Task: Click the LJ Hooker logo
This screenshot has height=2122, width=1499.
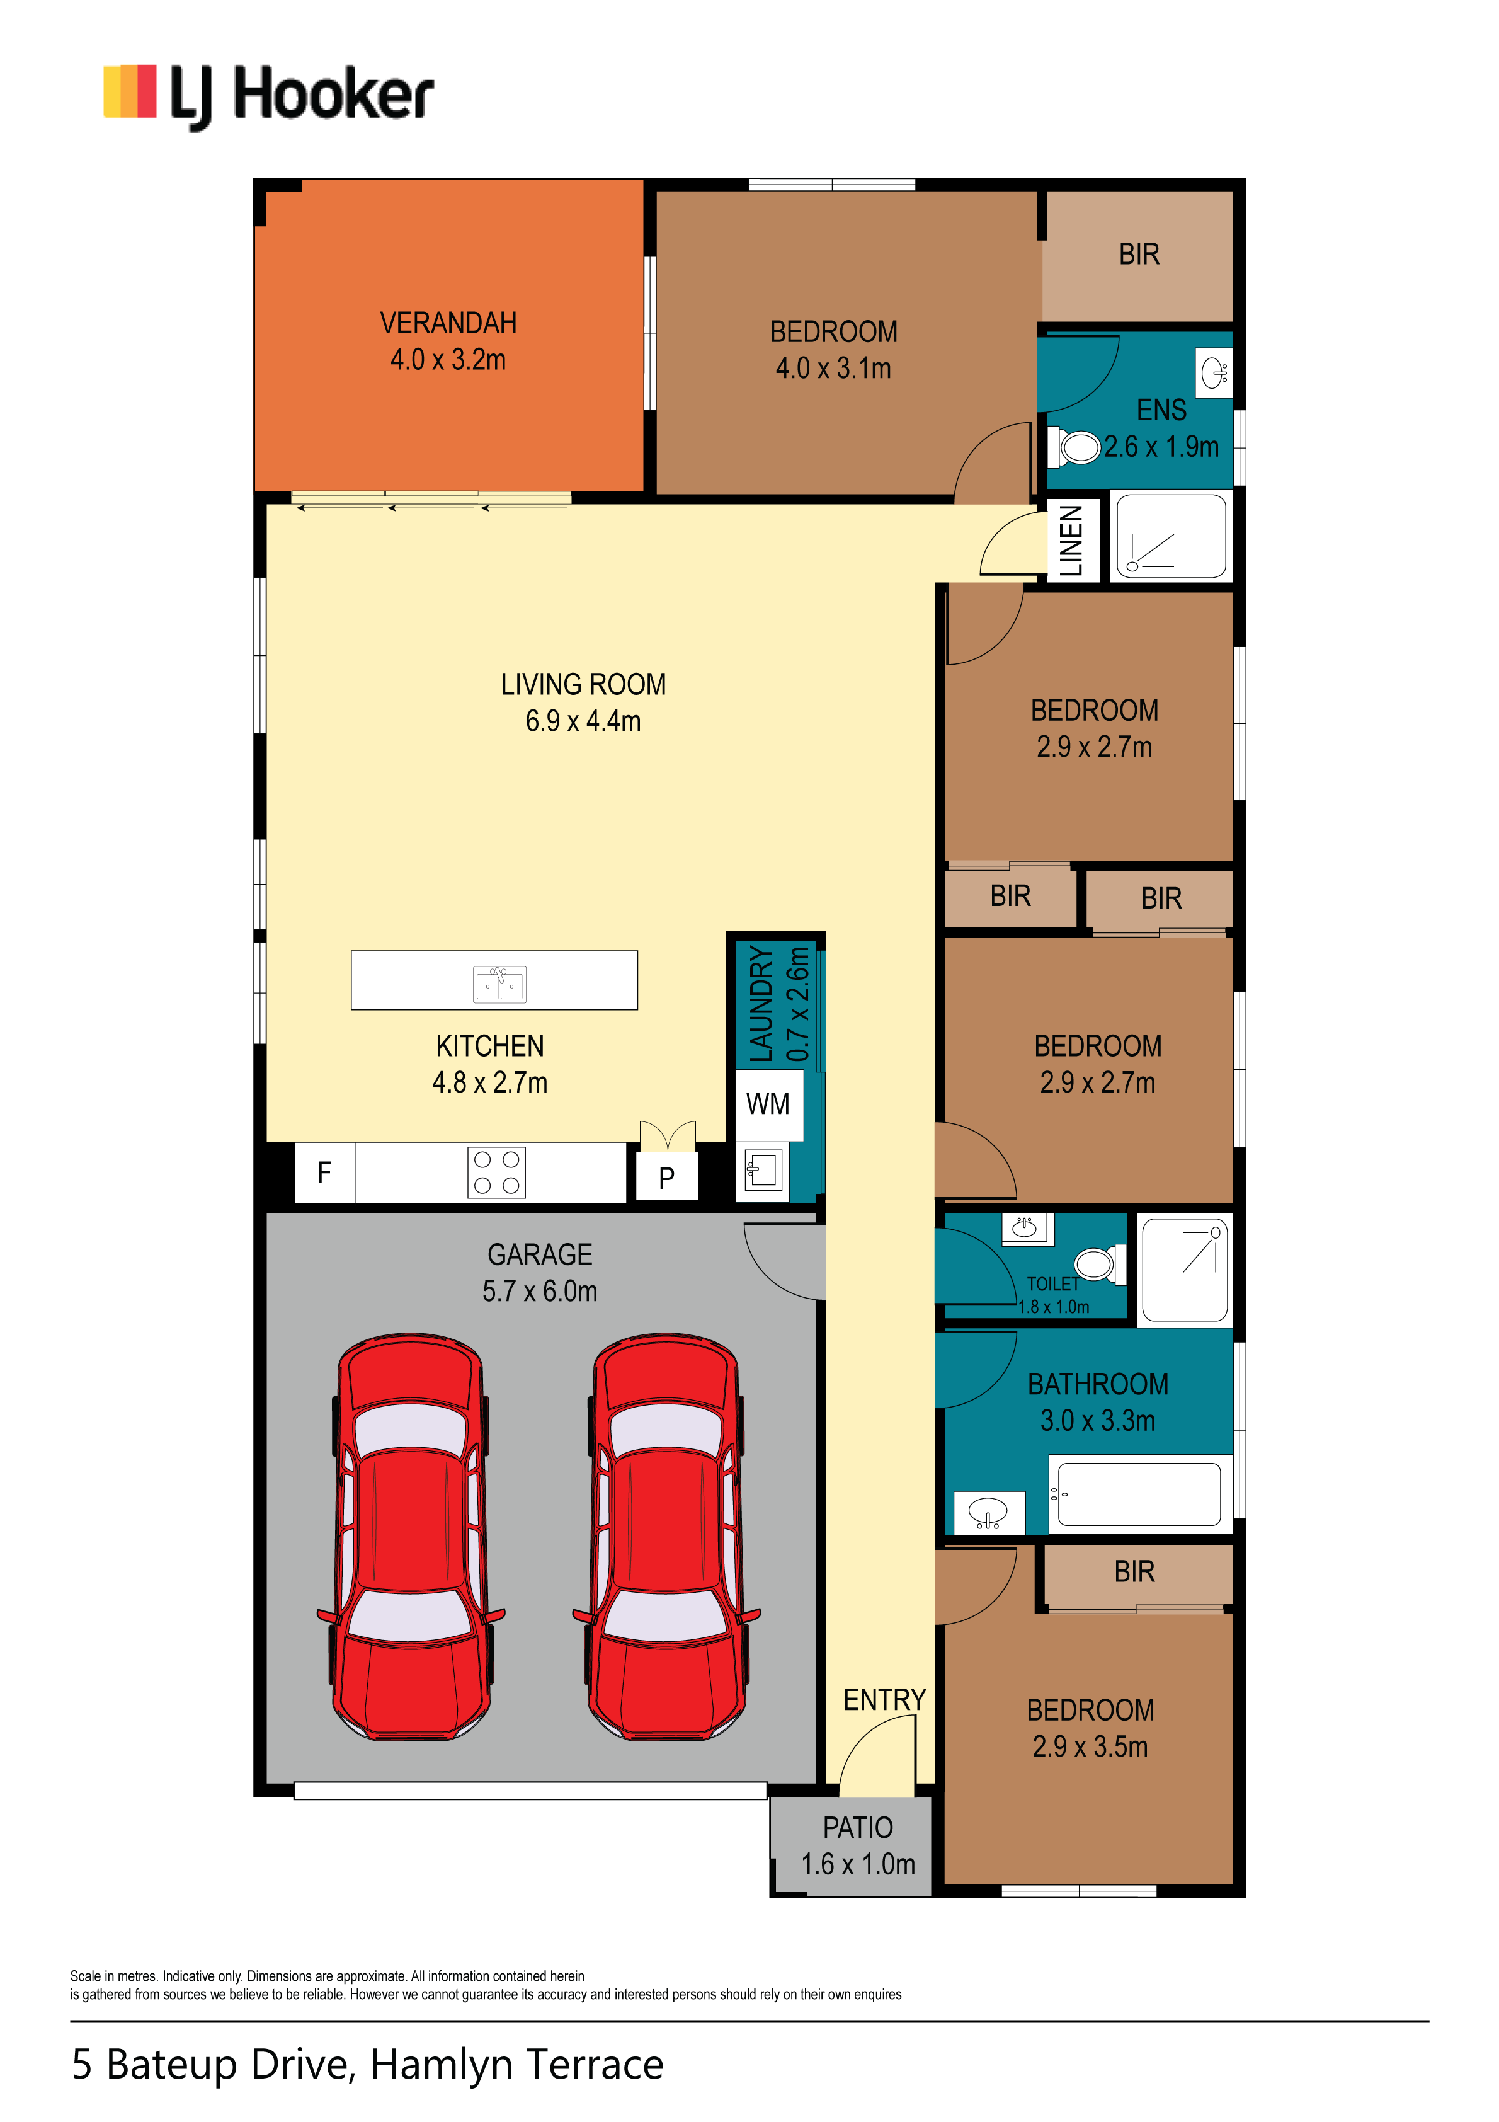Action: [x=268, y=96]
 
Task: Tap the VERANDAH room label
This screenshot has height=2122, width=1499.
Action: [x=448, y=323]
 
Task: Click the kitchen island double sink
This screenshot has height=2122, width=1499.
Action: [x=499, y=984]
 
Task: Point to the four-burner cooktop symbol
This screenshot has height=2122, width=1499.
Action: [x=496, y=1173]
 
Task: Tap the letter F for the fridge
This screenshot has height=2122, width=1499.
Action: [x=324, y=1173]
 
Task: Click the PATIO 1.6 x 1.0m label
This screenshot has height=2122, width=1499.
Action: [x=858, y=1845]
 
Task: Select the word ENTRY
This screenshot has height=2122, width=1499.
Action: [x=884, y=1700]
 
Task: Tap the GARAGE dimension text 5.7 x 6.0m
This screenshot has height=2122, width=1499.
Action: [x=540, y=1291]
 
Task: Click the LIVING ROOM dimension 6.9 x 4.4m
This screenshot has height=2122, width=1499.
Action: [x=583, y=721]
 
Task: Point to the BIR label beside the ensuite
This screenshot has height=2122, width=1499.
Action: [x=1139, y=254]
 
